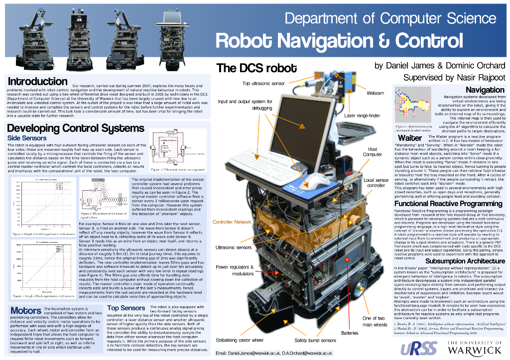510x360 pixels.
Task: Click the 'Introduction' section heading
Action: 37,82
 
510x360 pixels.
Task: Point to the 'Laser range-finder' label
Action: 363,116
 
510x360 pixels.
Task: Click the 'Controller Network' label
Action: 232,222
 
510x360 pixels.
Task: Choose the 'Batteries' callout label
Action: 350,332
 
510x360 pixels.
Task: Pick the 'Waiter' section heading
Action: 410,137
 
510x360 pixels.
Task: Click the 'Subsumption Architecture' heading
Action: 459,261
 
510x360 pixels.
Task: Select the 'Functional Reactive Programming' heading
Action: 448,204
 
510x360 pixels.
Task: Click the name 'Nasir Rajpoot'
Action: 477,78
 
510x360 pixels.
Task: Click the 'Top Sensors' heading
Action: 126,308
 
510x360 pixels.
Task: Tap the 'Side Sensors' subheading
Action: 27,138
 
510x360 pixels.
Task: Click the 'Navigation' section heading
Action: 485,90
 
